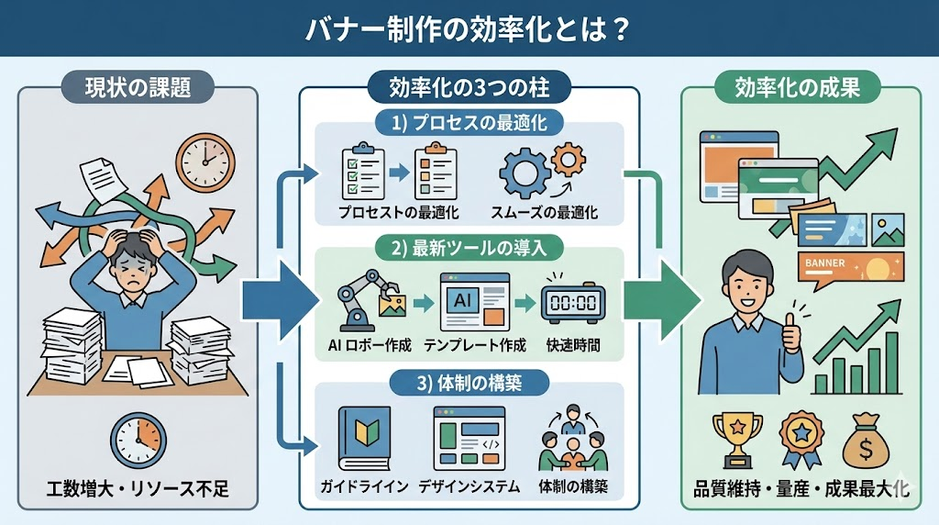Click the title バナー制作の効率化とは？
tap(469, 28)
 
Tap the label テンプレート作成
tap(475, 345)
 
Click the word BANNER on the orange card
tap(824, 262)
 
